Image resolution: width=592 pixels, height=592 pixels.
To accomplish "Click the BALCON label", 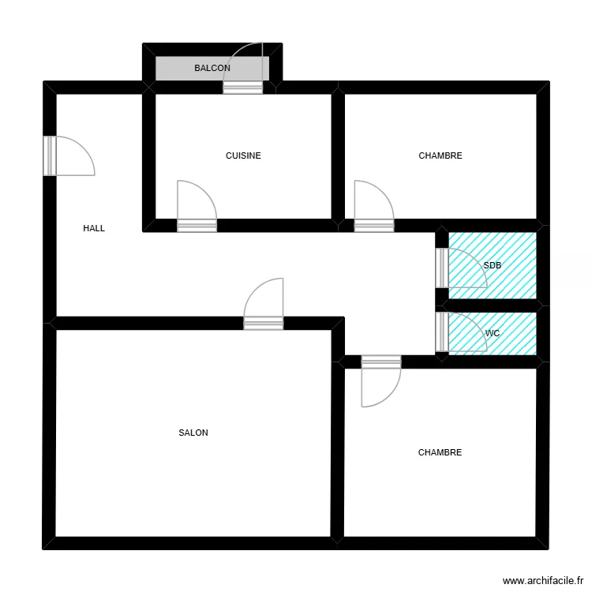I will [x=212, y=68].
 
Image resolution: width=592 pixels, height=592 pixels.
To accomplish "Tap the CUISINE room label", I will [x=243, y=155].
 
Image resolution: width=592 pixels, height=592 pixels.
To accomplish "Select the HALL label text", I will [x=94, y=228].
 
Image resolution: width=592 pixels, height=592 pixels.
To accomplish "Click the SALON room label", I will [x=193, y=433].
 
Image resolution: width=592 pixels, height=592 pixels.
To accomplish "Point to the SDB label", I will [x=493, y=265].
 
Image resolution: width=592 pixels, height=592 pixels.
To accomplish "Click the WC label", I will [x=493, y=333].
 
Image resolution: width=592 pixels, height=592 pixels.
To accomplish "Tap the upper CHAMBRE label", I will [x=440, y=155].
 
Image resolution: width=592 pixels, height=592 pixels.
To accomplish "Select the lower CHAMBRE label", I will [x=440, y=452].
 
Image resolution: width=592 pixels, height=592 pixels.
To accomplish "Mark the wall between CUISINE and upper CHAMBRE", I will [x=338, y=155].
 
